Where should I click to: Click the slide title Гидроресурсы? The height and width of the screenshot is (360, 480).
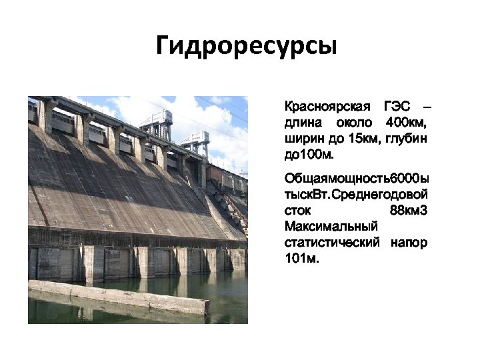(x=246, y=46)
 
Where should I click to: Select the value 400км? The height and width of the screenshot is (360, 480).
(x=406, y=123)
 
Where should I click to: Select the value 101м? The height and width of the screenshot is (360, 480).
(x=301, y=259)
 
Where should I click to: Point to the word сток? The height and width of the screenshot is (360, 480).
(x=297, y=211)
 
